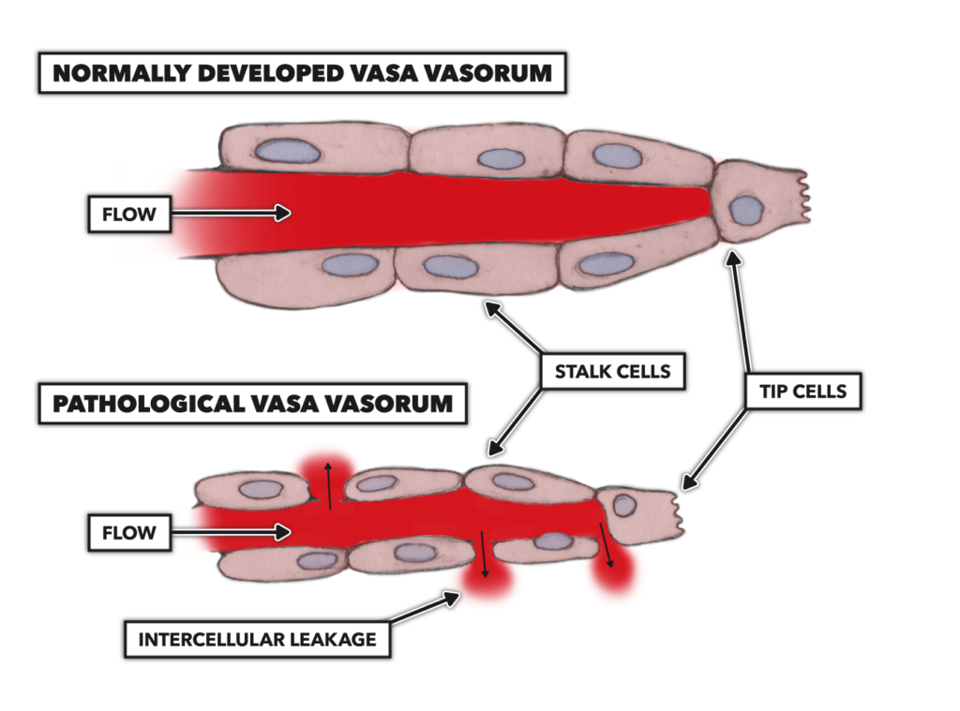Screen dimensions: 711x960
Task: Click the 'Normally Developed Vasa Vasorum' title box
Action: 302,73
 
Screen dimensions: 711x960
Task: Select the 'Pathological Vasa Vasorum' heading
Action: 252,405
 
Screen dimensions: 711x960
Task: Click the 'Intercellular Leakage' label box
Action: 257,641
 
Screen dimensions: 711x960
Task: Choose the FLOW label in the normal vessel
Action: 129,215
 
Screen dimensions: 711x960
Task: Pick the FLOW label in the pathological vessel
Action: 129,533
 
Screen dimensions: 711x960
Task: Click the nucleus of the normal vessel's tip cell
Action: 746,208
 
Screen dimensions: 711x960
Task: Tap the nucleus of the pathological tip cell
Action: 624,505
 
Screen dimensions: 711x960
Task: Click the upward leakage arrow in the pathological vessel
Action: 329,483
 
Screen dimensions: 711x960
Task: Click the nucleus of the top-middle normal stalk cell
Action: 501,157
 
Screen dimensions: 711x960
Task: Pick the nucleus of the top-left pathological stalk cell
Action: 260,489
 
